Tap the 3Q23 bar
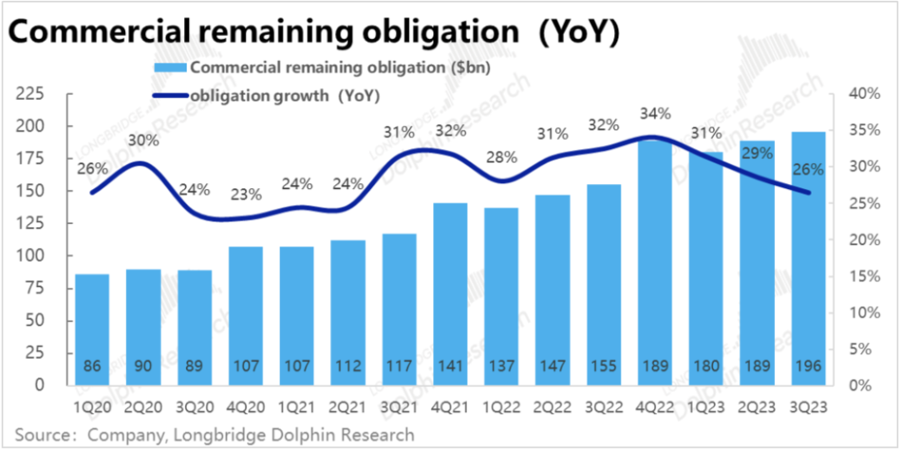pyautogui.click(x=808, y=258)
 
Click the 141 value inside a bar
pyautogui.click(x=450, y=366)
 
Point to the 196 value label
pyautogui.click(x=808, y=366)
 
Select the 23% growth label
pyautogui.click(x=246, y=196)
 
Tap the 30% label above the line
pyautogui.click(x=143, y=141)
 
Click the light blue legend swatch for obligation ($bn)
pyautogui.click(x=169, y=68)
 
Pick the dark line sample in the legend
pyautogui.click(x=169, y=95)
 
